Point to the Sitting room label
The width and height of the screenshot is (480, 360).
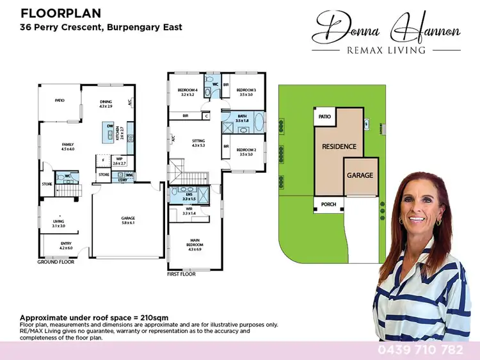[198, 142]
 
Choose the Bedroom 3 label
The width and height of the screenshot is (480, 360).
[246, 92]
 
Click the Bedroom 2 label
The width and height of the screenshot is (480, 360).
[246, 152]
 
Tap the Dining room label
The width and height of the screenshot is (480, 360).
[106, 103]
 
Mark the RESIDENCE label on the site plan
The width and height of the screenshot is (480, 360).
[339, 147]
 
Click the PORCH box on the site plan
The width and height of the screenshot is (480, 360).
[328, 204]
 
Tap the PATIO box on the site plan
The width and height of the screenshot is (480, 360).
[324, 117]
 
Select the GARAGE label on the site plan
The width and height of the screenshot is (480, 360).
[359, 175]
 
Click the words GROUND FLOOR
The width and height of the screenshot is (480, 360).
[55, 262]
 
